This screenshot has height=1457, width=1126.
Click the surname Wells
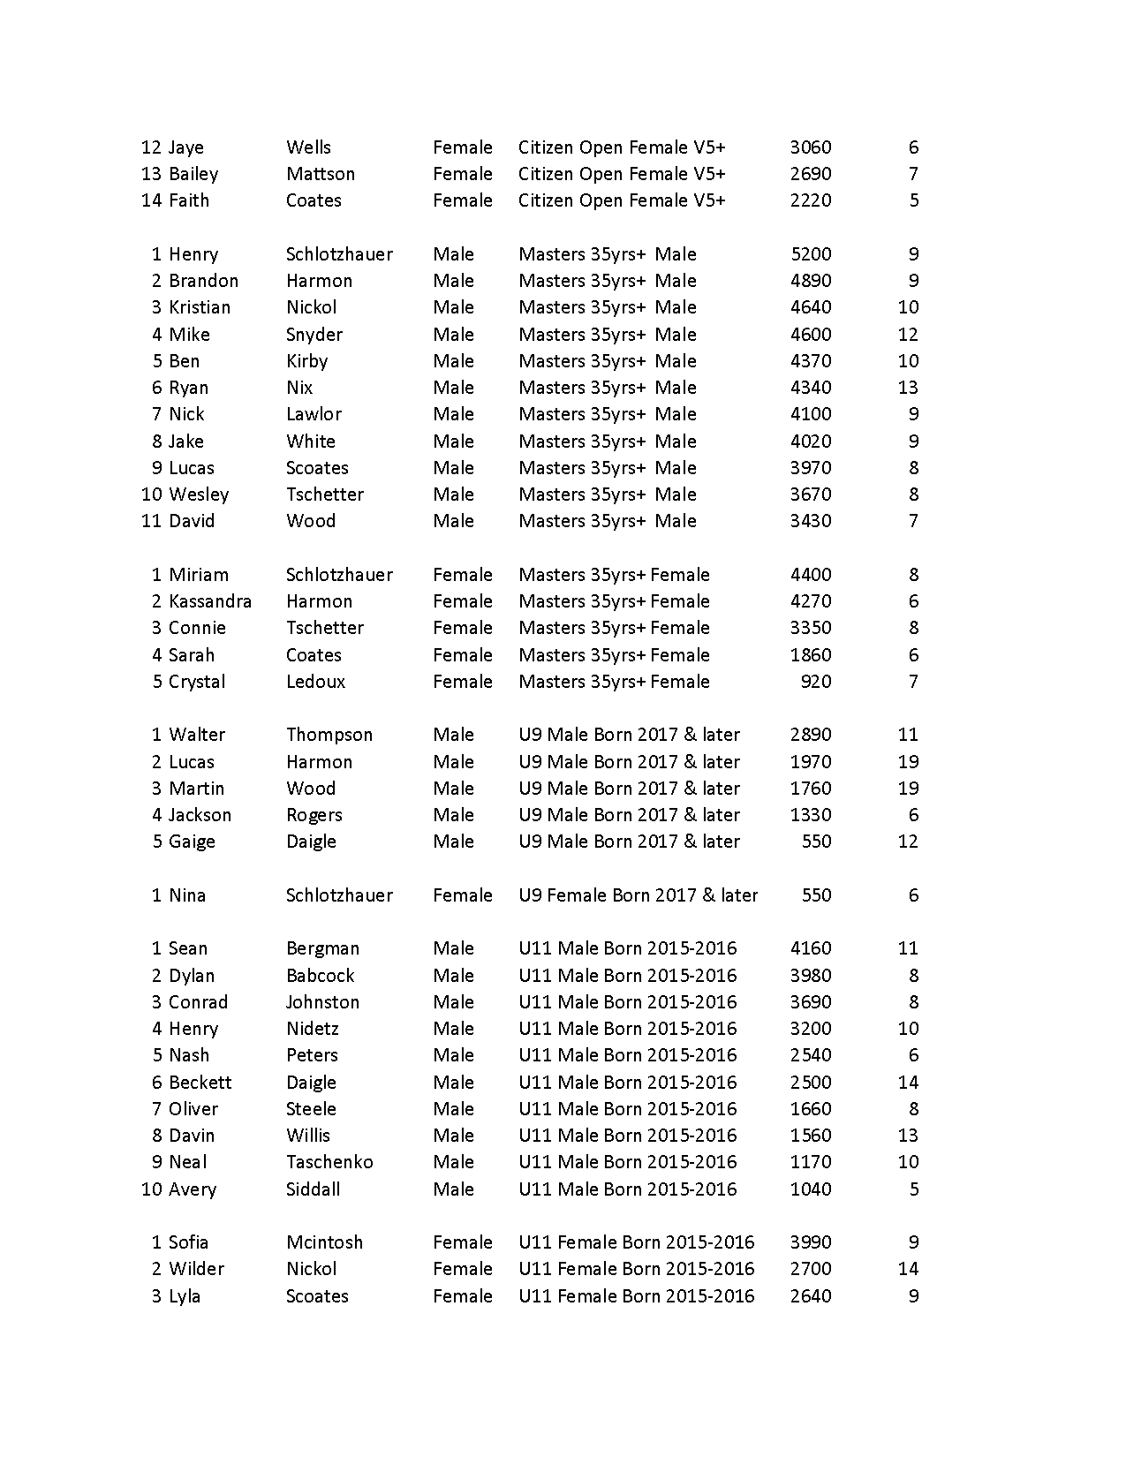[x=308, y=147]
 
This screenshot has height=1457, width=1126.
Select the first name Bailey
[x=193, y=174]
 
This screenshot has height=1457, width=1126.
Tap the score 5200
[x=810, y=254]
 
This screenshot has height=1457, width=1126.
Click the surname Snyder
[x=314, y=335]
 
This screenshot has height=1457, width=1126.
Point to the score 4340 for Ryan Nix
[x=810, y=388]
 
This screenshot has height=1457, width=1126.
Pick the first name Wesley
[x=199, y=494]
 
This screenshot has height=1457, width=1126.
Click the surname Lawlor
[x=314, y=414]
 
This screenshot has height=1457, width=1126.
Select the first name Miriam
[x=199, y=575]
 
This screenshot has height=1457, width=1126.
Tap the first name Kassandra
[x=210, y=601]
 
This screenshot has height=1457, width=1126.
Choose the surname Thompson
[x=329, y=735]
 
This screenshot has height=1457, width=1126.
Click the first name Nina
[x=187, y=895]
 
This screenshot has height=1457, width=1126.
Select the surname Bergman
[x=322, y=948]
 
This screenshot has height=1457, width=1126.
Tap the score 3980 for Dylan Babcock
[x=810, y=976]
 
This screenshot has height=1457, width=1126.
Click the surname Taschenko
[x=329, y=1162]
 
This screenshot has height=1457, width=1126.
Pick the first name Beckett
[x=200, y=1083]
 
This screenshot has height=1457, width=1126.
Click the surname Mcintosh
[x=324, y=1242]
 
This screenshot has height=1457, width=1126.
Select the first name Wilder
[x=196, y=1269]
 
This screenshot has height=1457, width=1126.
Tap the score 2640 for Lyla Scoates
[x=810, y=1296]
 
